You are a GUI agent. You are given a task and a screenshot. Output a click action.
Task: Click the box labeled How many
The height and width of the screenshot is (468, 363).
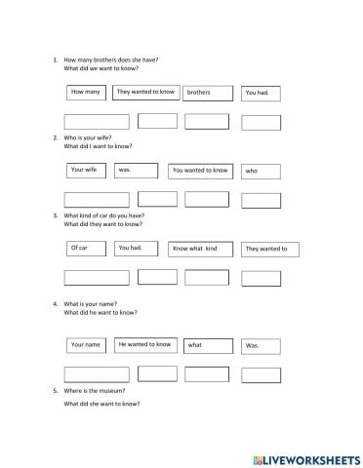87,93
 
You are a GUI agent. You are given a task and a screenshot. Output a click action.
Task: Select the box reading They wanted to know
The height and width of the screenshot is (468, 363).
144,93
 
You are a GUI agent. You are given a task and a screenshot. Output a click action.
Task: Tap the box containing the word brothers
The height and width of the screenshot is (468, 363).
208,94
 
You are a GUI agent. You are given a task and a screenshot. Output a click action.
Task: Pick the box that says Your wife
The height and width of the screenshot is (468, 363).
86,170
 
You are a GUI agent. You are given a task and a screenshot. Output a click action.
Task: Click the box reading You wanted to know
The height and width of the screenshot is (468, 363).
200,171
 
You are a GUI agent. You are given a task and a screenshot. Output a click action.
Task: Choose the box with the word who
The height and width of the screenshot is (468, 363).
261,171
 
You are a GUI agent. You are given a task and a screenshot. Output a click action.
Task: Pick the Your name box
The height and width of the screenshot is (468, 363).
86,344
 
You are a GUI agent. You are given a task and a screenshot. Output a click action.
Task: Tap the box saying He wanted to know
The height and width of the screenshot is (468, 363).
144,344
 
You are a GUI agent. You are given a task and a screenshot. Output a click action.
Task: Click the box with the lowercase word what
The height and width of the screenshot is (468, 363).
208,345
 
